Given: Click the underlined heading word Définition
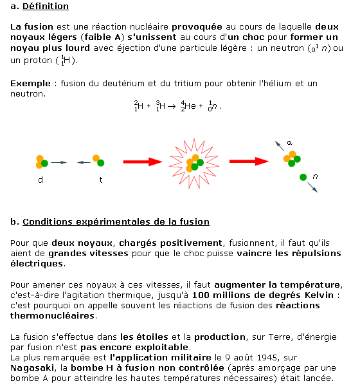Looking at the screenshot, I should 46,6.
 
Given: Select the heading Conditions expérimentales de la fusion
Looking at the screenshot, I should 116,222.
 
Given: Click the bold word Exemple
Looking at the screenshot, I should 30,84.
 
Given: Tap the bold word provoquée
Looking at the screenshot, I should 196,28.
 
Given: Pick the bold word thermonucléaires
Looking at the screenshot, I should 53,315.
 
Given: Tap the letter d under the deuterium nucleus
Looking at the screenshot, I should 40,181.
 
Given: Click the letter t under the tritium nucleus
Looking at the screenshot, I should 100,181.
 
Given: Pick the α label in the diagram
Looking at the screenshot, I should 289,142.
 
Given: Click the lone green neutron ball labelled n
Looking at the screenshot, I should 303,176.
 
